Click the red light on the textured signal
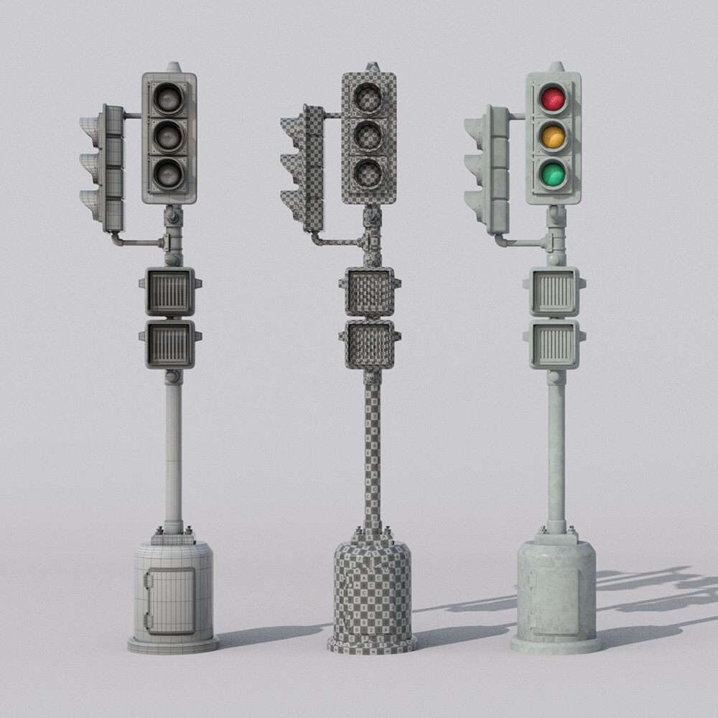pyautogui.click(x=553, y=98)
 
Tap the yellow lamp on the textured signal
pyautogui.click(x=553, y=136)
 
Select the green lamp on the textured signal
pyautogui.click(x=553, y=174)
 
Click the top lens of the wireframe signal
pyautogui.click(x=168, y=98)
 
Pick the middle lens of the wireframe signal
pyautogui.click(x=168, y=136)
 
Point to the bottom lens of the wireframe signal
pyautogui.click(x=168, y=173)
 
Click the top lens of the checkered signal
pyautogui.click(x=368, y=98)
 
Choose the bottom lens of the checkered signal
pyautogui.click(x=368, y=173)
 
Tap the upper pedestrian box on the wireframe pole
pyautogui.click(x=170, y=292)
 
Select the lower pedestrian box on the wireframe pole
pyautogui.click(x=170, y=344)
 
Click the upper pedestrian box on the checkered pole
pyautogui.click(x=370, y=292)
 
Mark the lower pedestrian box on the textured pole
pyautogui.click(x=554, y=344)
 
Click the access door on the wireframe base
pyautogui.click(x=170, y=600)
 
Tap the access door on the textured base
pyautogui.click(x=554, y=600)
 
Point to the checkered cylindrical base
pyautogui.click(x=372, y=596)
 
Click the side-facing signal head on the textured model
pyautogui.click(x=489, y=169)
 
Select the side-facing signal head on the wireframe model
pyautogui.click(x=105, y=168)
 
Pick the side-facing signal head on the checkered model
pyautogui.click(x=304, y=168)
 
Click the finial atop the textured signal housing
pyautogui.click(x=556, y=67)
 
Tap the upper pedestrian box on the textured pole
pyautogui.click(x=554, y=292)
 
